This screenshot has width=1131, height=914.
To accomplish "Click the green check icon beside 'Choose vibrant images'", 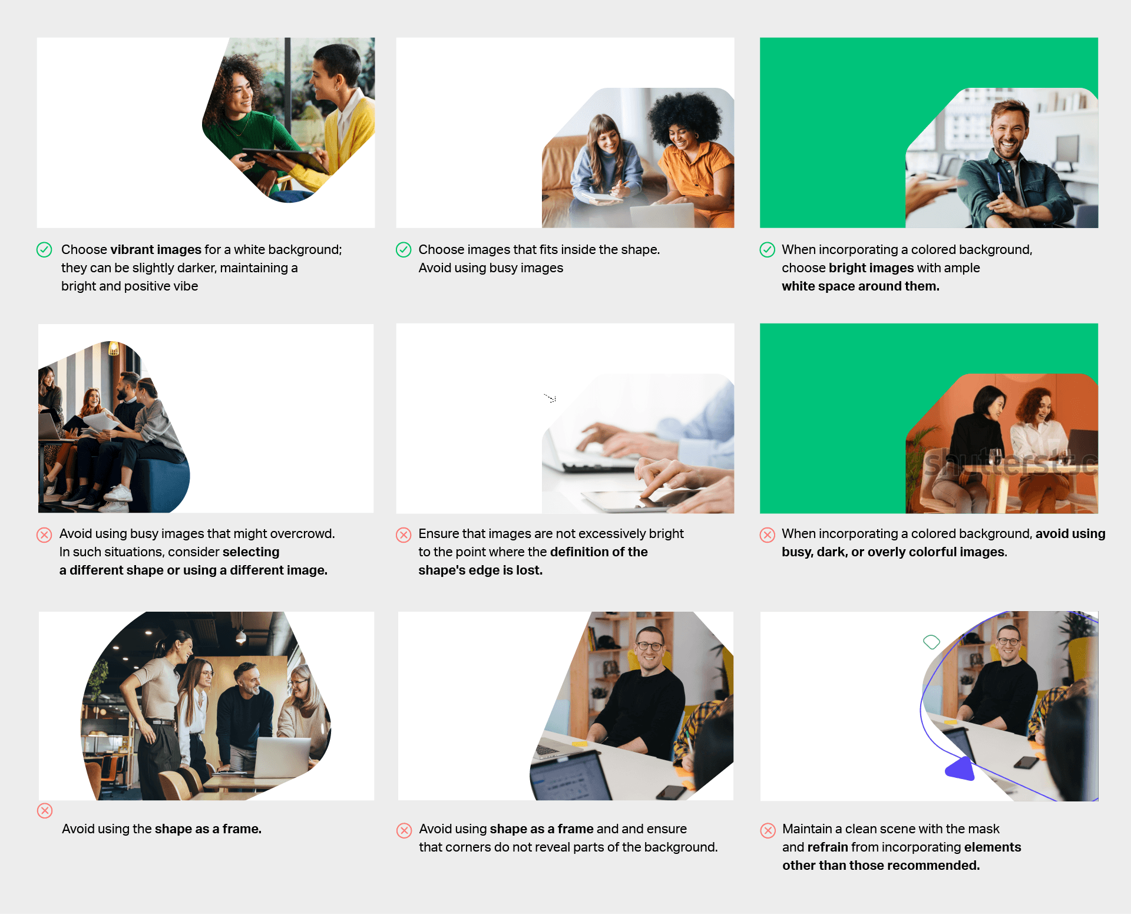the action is click(x=44, y=250).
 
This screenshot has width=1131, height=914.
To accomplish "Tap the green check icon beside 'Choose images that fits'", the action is click(x=404, y=250).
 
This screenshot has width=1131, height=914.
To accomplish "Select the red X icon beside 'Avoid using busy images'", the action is click(x=44, y=534).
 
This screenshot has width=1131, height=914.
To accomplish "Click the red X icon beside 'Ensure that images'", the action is click(x=404, y=534).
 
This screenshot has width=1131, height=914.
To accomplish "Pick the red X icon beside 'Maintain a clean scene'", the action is click(x=768, y=830).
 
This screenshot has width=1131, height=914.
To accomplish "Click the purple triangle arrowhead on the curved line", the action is click(x=961, y=768).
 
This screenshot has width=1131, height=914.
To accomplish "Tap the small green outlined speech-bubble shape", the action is click(x=931, y=642).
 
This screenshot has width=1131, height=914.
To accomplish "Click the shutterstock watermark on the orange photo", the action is click(x=1010, y=463).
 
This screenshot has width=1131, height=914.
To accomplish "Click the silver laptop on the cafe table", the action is click(x=283, y=757).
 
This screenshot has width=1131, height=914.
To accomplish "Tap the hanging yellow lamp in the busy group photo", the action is click(x=114, y=349).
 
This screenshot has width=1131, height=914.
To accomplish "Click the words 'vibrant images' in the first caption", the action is click(x=156, y=249).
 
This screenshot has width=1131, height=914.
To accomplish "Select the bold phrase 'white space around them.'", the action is click(x=860, y=286).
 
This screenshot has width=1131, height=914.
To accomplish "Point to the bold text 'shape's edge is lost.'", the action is click(x=480, y=570).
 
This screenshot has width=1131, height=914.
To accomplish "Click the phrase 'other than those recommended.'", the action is click(x=881, y=865).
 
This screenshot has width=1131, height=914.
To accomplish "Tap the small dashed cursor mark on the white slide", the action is click(x=550, y=398).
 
